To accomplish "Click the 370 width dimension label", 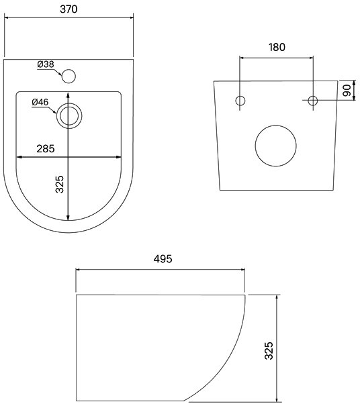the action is click(69, 9).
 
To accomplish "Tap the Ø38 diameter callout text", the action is click(46, 64).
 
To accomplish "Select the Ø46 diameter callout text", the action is click(40, 102).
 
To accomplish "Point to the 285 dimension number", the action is click(46, 149).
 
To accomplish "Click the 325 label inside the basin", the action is click(60, 184).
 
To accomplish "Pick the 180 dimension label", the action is click(277, 47).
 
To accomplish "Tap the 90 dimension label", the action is click(347, 91).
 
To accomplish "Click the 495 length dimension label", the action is click(163, 258).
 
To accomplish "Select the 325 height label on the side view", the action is click(269, 351).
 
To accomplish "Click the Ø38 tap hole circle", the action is click(69, 77).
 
